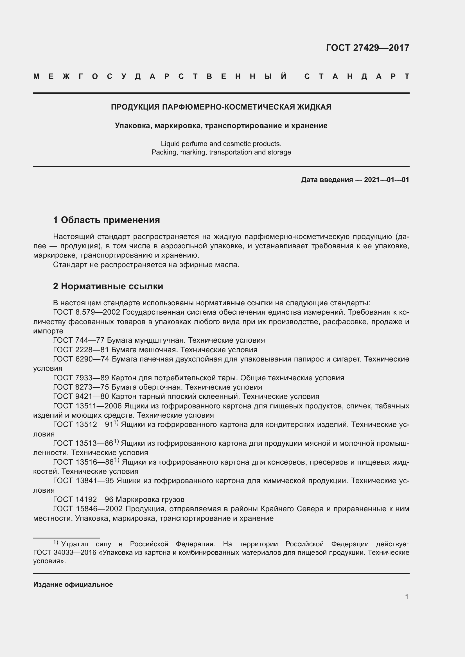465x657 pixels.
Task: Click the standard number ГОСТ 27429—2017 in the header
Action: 367,48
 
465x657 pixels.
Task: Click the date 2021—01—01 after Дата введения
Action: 386,180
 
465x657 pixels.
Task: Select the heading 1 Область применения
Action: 106,220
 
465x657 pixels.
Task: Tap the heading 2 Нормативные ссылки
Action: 108,286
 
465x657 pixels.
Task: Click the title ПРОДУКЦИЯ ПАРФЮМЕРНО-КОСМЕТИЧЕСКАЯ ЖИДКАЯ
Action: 221,107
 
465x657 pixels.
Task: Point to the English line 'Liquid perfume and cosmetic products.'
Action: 221,143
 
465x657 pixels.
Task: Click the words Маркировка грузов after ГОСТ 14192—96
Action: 150,499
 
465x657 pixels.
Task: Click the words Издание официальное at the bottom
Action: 73,584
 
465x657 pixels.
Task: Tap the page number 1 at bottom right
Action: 407,597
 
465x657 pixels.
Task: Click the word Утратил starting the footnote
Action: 75,544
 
